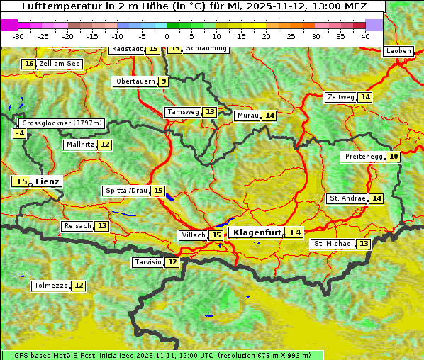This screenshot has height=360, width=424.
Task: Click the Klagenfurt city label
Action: pyautogui.click(x=257, y=232)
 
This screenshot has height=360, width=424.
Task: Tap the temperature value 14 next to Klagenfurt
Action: pyautogui.click(x=294, y=232)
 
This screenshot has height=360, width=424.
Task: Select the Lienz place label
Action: pyautogui.click(x=48, y=181)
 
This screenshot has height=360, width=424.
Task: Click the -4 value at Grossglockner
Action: pyautogui.click(x=20, y=133)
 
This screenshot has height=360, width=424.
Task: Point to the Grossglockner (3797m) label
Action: pyautogui.click(x=62, y=123)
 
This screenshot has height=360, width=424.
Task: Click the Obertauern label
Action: pyautogui.click(x=135, y=81)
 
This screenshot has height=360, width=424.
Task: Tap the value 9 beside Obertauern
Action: pyautogui.click(x=164, y=81)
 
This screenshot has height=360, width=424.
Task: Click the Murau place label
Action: pyautogui.click(x=247, y=116)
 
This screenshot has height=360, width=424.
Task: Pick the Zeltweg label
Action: pyautogui.click(x=340, y=97)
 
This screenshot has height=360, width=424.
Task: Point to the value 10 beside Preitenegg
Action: pyautogui.click(x=393, y=157)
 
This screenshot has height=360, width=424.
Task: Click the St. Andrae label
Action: pyautogui.click(x=347, y=198)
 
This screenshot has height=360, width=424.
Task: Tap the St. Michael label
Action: pyautogui.click(x=333, y=244)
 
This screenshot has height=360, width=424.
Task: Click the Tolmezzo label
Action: pyautogui.click(x=50, y=286)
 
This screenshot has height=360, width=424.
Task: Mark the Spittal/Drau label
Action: pyautogui.click(x=126, y=191)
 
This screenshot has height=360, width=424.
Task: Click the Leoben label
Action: pyautogui.click(x=398, y=51)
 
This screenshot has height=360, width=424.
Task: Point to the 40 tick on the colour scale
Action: pyautogui.click(x=365, y=36)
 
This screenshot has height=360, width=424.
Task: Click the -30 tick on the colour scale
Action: pyautogui.click(x=18, y=36)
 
